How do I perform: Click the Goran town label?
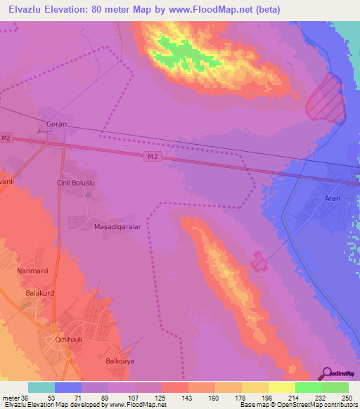coord(56,124)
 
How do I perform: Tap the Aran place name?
coord(332,199)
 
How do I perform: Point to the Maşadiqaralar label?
coord(118,228)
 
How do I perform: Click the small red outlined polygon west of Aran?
coord(259,261)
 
